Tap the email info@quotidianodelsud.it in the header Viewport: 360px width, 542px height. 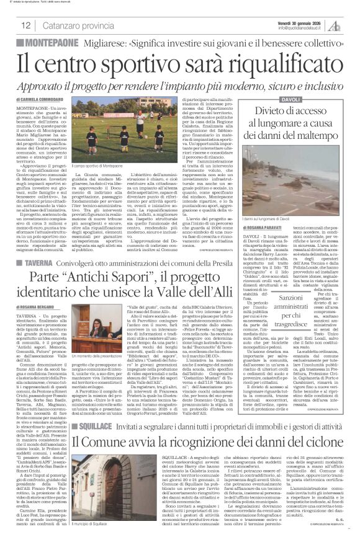coord(303,28)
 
